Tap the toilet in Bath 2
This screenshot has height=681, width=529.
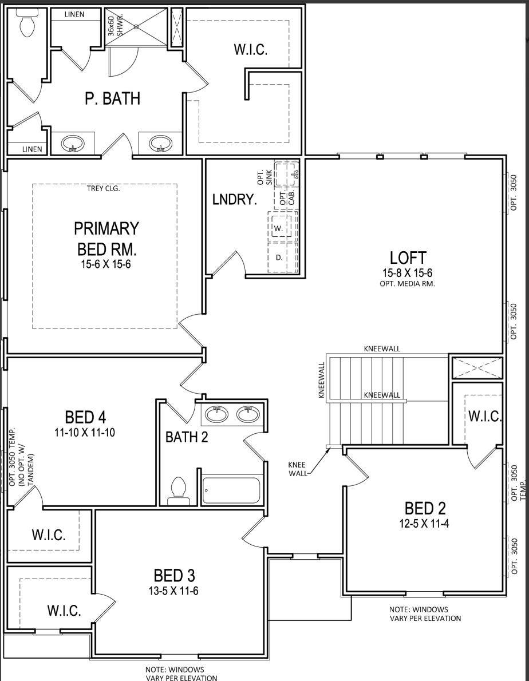(179, 491)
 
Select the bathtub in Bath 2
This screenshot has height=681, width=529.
(231, 490)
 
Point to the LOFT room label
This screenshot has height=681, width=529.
(408, 258)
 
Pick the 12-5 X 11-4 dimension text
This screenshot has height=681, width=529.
(425, 523)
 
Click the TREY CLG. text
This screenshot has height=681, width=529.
(104, 188)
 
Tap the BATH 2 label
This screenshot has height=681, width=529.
(187, 437)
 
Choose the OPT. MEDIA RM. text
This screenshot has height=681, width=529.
(407, 284)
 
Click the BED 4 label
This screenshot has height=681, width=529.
(85, 418)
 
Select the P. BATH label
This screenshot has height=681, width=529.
(112, 98)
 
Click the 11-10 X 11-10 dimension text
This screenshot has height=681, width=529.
(85, 433)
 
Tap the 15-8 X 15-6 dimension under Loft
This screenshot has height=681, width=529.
(408, 273)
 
